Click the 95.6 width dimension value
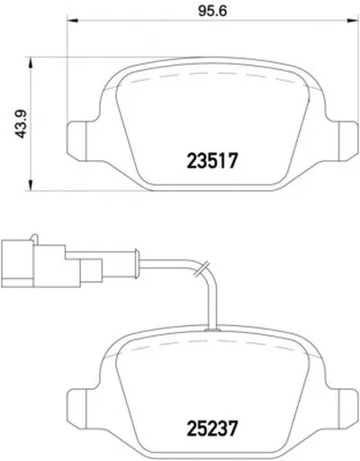[212, 11]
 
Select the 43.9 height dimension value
[21, 124]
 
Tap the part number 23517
[212, 160]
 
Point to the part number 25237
[212, 428]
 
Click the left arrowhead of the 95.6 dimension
[72, 21]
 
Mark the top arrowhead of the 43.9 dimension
[30, 63]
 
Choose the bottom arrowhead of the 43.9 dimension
[30, 185]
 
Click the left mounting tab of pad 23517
[76, 140]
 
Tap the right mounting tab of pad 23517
[348, 140]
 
